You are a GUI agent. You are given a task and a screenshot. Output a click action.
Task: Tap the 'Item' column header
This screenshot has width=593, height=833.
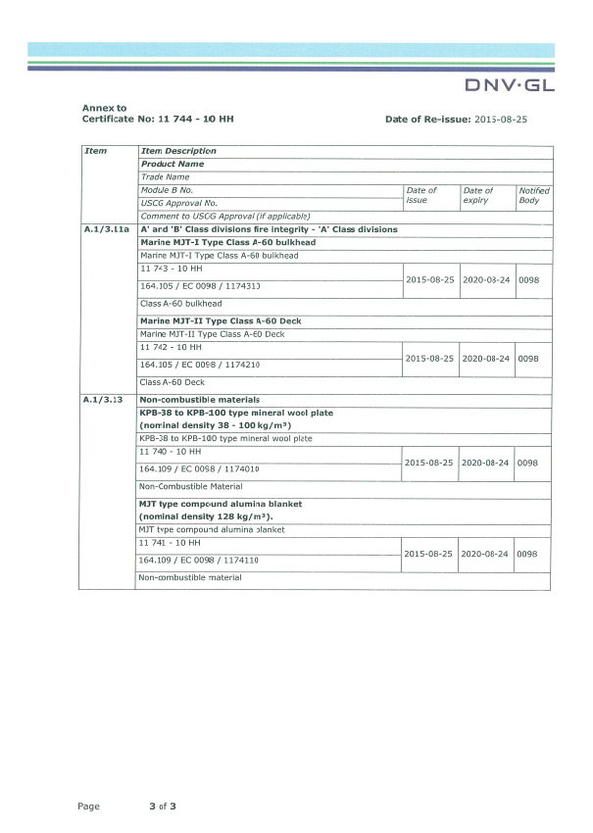point(96,151)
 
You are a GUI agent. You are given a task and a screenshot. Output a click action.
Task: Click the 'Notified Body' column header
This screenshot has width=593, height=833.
point(534,195)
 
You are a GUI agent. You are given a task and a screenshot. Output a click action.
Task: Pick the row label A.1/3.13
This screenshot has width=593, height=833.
point(103,400)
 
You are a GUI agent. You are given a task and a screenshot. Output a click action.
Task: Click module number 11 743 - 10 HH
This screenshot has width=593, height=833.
point(172,268)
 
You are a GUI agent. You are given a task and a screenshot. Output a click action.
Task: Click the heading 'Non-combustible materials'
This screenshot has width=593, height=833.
point(200,400)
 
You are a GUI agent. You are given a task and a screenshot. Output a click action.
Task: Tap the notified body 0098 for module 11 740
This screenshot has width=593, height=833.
point(527,462)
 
